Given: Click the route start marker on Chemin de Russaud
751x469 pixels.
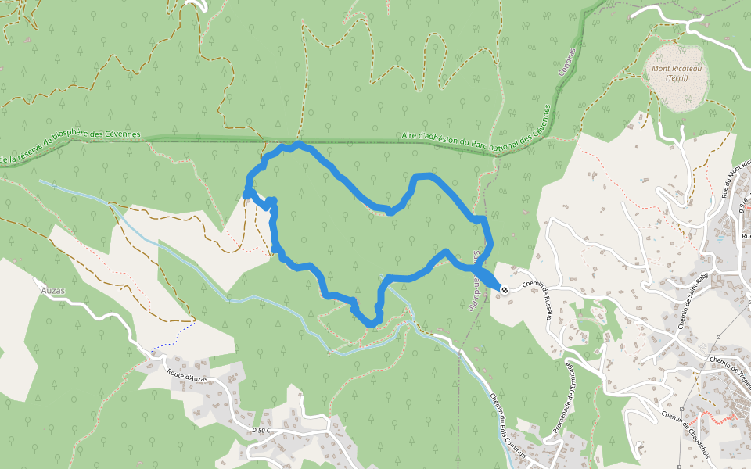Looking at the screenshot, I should click(505, 290).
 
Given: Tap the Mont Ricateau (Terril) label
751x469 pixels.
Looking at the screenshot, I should click(676, 73).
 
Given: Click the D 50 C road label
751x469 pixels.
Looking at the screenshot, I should click(261, 431).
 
